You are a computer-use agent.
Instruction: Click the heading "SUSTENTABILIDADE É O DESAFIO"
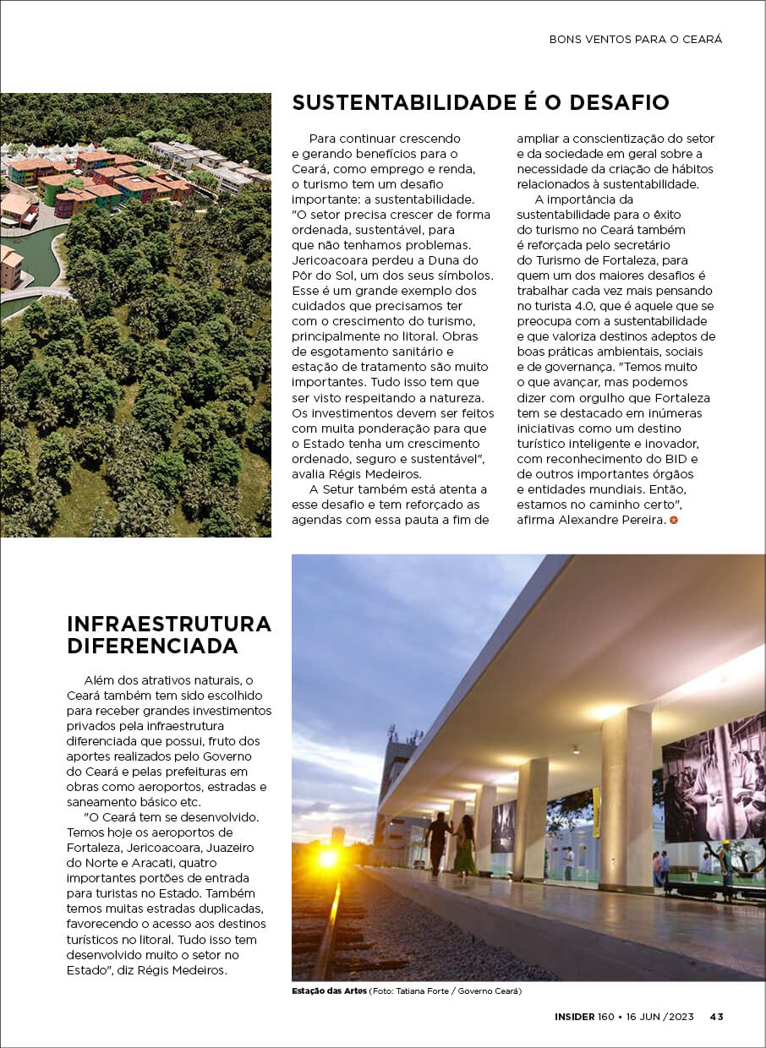480,103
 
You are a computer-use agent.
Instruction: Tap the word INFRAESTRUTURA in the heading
169,625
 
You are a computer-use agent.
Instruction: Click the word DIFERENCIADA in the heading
152,647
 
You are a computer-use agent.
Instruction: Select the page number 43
716,1017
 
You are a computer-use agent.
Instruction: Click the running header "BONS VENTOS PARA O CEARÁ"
636,39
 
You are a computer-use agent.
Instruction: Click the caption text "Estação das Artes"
329,991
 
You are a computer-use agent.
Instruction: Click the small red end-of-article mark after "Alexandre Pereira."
674,520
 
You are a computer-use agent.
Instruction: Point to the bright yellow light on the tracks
328,858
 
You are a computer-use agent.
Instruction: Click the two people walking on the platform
451,843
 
